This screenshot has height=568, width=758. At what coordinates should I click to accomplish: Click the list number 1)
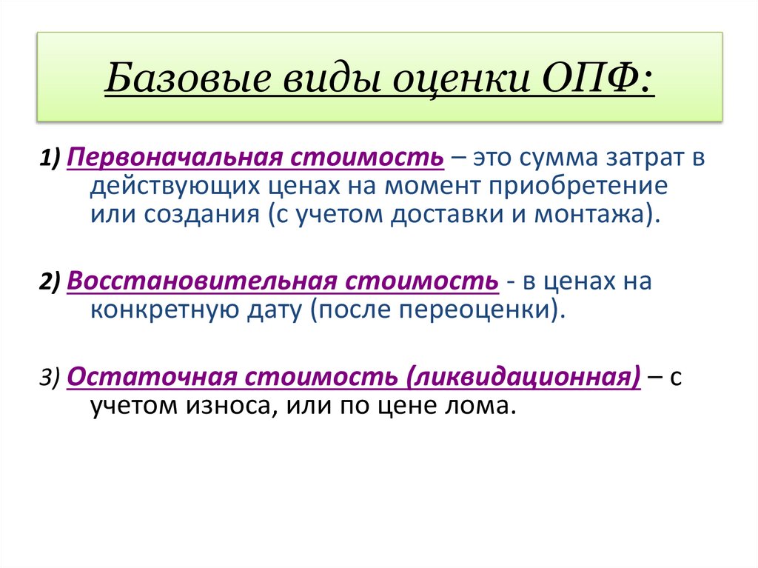(x=52, y=158)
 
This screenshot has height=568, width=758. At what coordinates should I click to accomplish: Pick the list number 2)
(x=52, y=282)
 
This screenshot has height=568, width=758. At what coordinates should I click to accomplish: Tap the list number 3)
(x=52, y=377)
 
